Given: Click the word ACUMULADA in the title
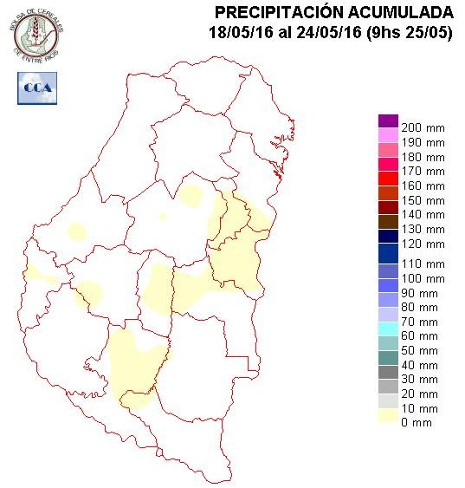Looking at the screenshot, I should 397,12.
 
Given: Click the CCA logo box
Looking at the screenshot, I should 36,88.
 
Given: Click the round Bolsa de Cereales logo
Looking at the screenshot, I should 36,34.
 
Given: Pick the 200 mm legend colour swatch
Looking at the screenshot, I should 388,121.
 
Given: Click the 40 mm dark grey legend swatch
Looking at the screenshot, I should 388,364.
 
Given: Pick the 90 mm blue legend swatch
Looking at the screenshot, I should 388,293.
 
